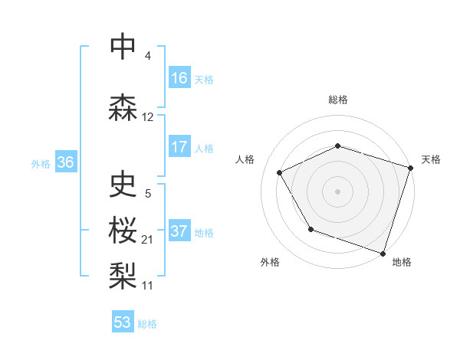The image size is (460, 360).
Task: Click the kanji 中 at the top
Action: (123, 47)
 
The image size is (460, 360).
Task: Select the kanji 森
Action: (123, 108)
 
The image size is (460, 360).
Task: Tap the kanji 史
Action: (123, 185)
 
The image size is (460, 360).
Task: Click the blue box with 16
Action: (179, 78)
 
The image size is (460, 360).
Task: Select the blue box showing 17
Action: (179, 147)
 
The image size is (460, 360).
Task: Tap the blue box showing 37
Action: (179, 231)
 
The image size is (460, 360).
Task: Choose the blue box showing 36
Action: (65, 162)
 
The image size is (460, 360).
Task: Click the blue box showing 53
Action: (123, 322)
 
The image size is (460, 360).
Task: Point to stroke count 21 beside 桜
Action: (148, 240)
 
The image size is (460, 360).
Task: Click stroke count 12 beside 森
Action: (148, 117)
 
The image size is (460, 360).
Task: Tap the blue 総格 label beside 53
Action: (147, 324)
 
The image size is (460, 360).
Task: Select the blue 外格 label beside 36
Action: (41, 163)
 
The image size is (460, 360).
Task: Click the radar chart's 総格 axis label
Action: (338, 100)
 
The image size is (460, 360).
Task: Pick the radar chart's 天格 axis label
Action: (431, 159)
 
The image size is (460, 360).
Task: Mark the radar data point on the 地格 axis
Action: (383, 253)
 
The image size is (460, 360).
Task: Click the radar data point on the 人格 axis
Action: (280, 172)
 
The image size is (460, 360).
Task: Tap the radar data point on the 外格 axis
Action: (310, 229)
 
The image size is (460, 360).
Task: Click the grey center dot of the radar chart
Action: (338, 191)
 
